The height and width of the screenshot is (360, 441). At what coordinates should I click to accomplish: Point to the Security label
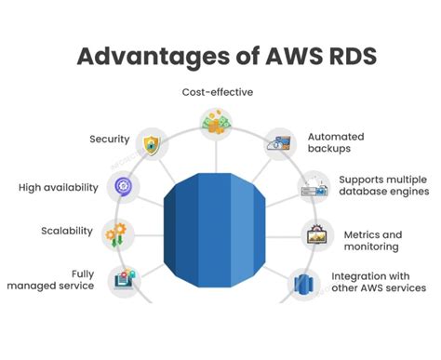109,140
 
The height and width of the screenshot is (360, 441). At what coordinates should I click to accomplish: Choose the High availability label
58,187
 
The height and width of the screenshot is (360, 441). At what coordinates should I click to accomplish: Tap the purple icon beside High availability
123,187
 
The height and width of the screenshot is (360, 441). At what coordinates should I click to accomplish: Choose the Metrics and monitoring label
372,241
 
